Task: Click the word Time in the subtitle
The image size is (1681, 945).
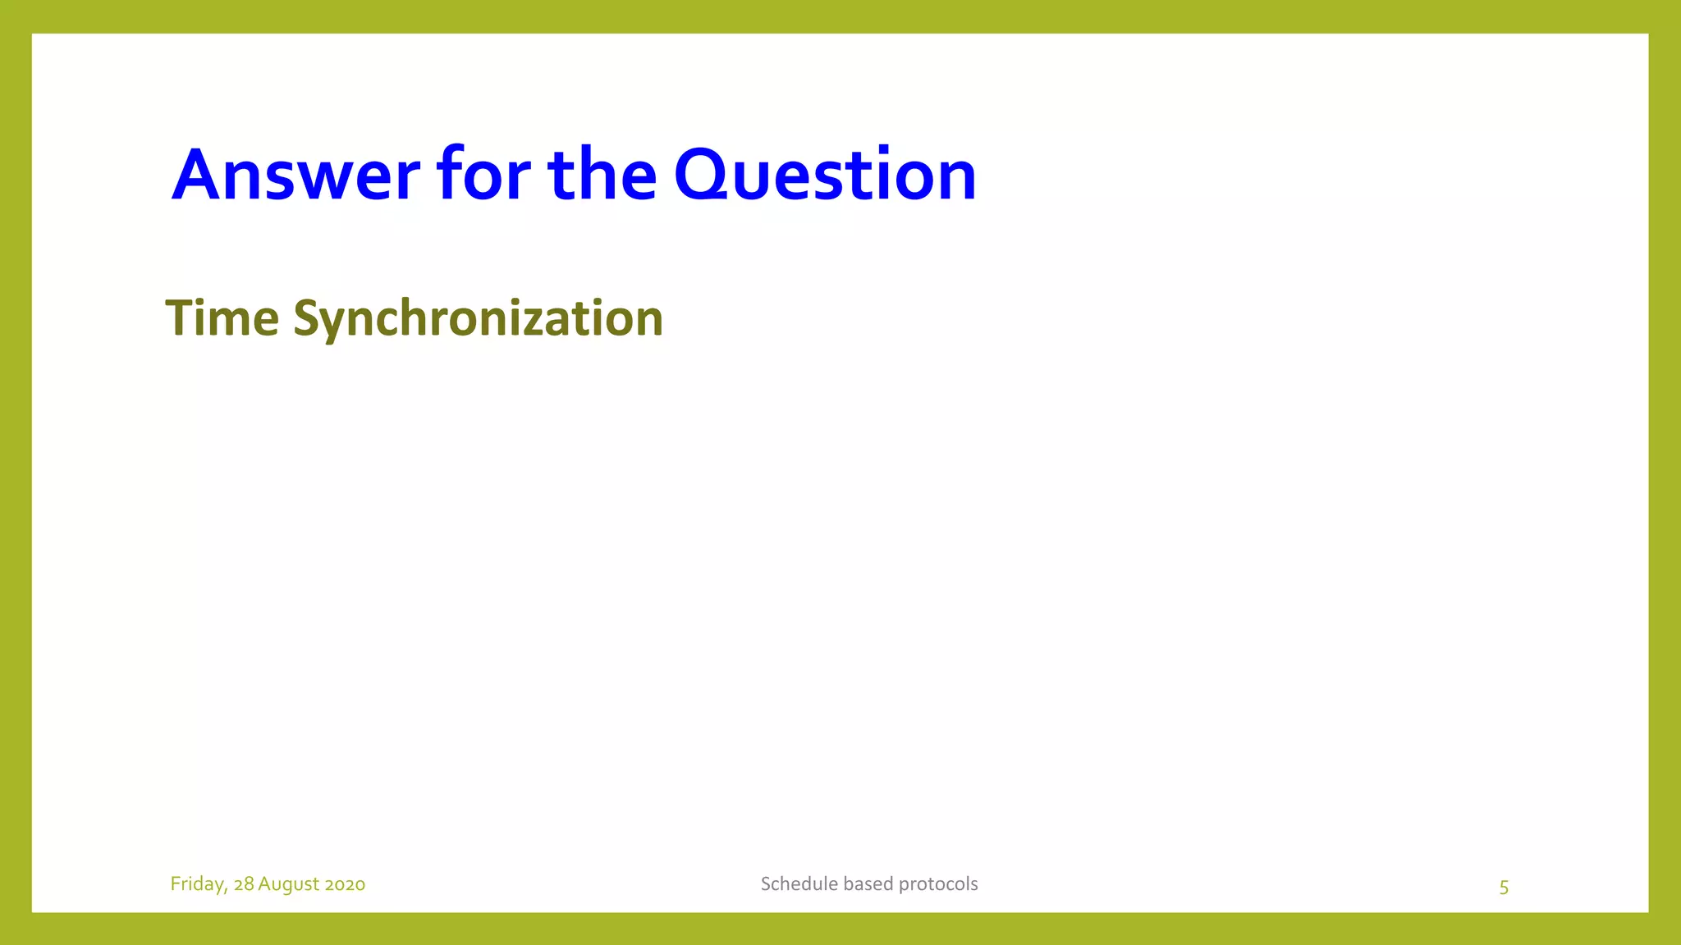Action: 222,318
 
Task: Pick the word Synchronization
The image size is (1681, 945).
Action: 478,318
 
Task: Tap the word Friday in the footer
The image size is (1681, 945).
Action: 197,884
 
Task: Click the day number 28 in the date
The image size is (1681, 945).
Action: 244,884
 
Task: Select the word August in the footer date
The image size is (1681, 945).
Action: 288,884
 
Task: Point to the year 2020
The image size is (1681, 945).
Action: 345,884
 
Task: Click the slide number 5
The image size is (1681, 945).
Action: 1504,887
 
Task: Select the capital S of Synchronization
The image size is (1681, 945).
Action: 305,318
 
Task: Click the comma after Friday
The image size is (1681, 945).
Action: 226,889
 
